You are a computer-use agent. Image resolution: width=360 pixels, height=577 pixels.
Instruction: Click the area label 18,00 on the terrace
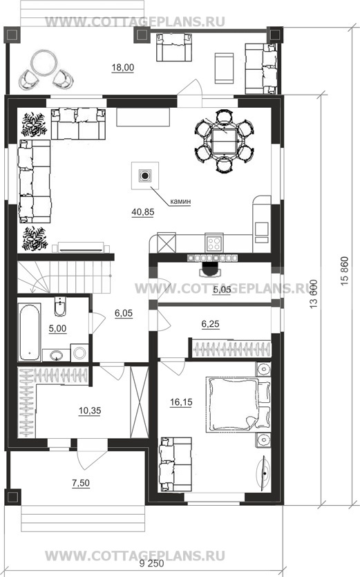[x=123, y=68]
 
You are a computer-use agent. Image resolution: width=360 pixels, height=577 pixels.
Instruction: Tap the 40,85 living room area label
[x=143, y=212]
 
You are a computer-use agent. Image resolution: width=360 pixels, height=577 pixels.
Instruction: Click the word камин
[x=180, y=202]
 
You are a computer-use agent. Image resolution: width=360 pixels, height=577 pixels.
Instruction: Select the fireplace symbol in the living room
[x=145, y=176]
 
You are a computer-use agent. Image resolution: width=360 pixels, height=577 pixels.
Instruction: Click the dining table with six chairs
[x=224, y=141]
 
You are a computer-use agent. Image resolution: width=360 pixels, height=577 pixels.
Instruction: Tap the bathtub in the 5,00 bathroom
[x=30, y=332]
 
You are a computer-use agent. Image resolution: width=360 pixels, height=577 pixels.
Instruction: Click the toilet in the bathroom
[x=60, y=306]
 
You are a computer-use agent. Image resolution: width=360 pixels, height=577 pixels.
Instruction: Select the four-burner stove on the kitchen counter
[x=214, y=243]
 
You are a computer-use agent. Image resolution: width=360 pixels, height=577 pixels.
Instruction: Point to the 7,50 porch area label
[x=81, y=483]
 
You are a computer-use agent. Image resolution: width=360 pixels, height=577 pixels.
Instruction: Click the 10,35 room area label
[x=90, y=410]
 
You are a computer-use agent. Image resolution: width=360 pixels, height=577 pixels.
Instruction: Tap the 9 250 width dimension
[x=152, y=564]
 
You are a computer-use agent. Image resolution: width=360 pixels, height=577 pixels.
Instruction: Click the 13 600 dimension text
[x=313, y=294]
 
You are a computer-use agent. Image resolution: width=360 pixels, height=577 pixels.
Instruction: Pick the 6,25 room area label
[x=210, y=324]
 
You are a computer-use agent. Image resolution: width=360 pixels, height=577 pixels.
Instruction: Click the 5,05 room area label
[x=222, y=290]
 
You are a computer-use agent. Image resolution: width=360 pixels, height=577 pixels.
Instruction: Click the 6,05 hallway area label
[x=124, y=314]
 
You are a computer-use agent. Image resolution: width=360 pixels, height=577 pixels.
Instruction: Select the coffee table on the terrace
[x=224, y=69]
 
